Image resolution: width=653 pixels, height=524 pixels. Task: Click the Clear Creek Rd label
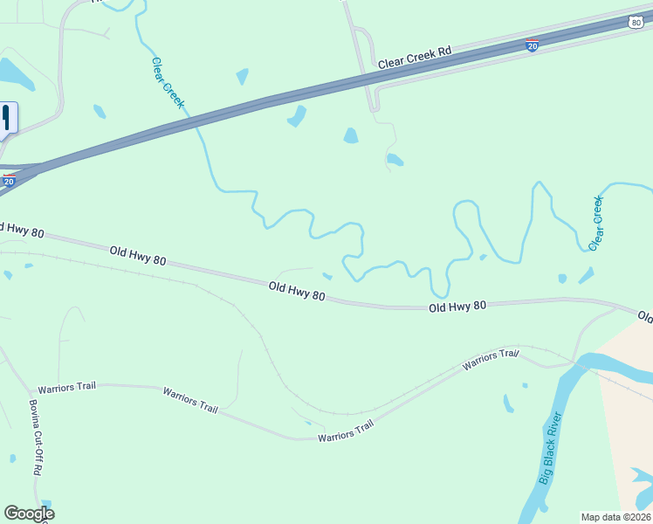tap(415, 58)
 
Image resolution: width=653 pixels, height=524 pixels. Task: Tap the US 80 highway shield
tap(636, 22)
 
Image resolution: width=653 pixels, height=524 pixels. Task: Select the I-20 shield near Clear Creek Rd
tap(532, 45)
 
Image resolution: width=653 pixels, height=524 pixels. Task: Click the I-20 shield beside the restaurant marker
tap(9, 181)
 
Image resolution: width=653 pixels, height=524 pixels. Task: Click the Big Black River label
tap(550, 447)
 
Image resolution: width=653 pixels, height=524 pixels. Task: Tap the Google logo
tap(29, 513)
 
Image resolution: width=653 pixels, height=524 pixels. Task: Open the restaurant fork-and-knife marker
tap(6, 117)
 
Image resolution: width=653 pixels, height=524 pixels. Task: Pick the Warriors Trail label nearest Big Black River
tap(491, 358)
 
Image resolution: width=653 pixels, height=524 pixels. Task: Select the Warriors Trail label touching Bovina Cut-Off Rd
tap(66, 386)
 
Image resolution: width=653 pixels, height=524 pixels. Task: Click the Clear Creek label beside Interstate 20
tap(168, 83)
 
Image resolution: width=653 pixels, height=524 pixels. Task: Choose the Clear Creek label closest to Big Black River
tap(597, 223)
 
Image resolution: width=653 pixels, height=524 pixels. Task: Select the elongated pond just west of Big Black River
tap(508, 403)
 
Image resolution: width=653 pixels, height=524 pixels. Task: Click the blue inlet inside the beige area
tap(642, 477)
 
